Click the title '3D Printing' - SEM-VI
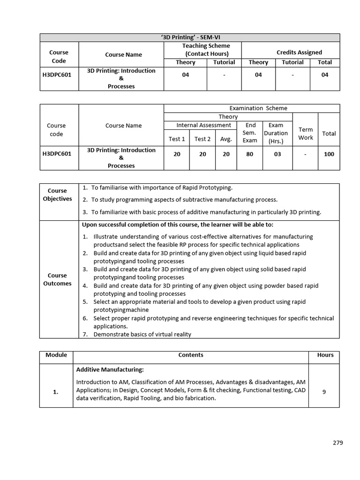tap(189, 37)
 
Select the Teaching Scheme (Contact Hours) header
tap(206, 50)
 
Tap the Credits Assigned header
tap(299, 52)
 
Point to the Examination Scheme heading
tap(252, 108)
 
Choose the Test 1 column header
tap(177, 139)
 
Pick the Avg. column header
tap(226, 139)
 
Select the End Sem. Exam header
tap(250, 133)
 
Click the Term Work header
tap(305, 133)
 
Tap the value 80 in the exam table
tap(250, 154)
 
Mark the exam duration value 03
tap(277, 154)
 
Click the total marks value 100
tap(329, 154)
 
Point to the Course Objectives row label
tap(57, 195)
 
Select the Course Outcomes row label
tap(57, 279)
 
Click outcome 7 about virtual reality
tap(142, 334)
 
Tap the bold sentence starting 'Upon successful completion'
tap(184, 225)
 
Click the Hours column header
tap(325, 355)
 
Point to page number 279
tap(338, 442)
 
